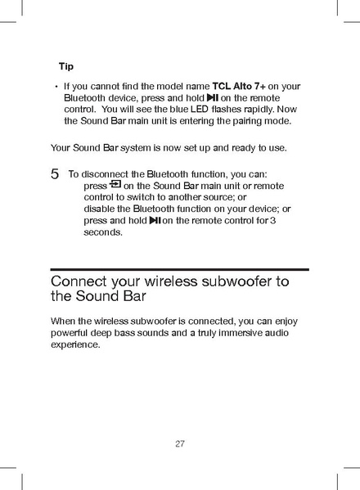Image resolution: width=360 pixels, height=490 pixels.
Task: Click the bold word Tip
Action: (66, 65)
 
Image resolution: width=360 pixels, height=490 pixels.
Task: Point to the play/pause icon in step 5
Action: (154, 220)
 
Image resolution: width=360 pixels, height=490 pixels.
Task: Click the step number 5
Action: (55, 174)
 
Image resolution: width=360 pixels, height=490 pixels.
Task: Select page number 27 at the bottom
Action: (180, 444)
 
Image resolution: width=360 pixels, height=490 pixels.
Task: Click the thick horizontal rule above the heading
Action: (180, 269)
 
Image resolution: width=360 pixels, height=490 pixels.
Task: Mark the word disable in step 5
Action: (100, 209)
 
